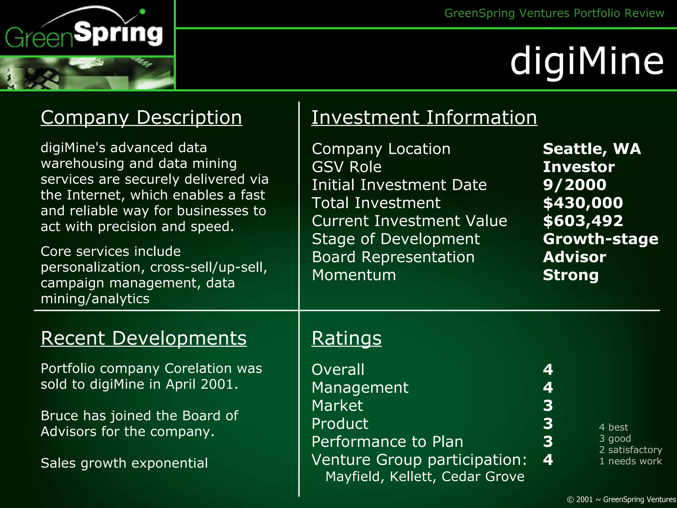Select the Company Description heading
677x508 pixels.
point(141,117)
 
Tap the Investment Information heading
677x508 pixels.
point(424,117)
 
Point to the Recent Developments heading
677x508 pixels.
point(143,338)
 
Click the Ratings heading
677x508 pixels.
point(346,338)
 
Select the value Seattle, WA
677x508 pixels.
point(592,149)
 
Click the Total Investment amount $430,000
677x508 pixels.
point(583,203)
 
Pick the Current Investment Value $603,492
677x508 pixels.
point(583,221)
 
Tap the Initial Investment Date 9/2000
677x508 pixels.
point(575,185)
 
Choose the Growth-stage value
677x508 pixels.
point(600,239)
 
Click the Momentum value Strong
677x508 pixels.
point(571,275)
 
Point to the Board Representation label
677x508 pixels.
point(393,257)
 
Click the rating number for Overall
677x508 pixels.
point(548,369)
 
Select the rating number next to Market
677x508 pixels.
point(548,405)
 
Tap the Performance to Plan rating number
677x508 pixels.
point(548,442)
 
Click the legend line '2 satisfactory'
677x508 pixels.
point(630,450)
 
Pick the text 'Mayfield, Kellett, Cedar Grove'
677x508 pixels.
point(425,477)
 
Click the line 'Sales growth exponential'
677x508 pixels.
point(124,463)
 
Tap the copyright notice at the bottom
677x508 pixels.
point(621,499)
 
